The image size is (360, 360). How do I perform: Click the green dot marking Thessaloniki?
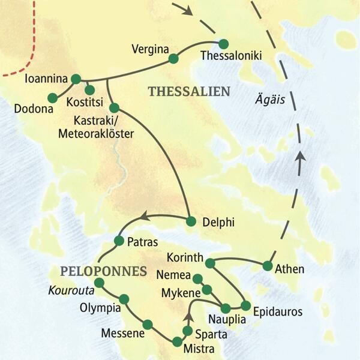[x=224, y=44]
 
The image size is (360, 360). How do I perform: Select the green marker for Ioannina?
[x=76, y=79]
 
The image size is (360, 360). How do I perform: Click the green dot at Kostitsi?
[x=89, y=89]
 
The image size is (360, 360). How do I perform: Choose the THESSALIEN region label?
[x=189, y=91]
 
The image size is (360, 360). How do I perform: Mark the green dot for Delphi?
[x=191, y=221]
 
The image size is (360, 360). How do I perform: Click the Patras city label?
[x=143, y=243]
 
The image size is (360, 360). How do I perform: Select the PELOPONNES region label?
[x=103, y=271]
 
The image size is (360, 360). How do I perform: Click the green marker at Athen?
[x=268, y=265]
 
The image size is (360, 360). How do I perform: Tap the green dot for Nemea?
[x=196, y=278]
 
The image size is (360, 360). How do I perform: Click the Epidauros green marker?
[x=245, y=305]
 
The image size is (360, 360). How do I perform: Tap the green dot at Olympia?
[x=124, y=299]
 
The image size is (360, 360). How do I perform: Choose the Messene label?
[x=123, y=334]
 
